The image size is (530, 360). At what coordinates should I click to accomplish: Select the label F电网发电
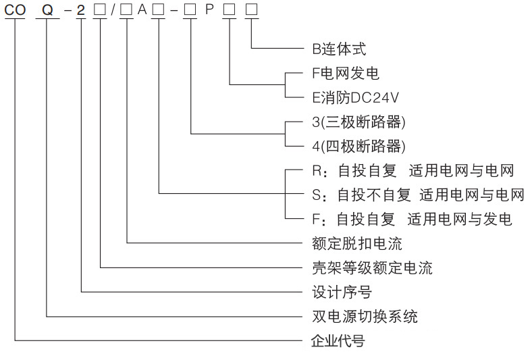(345, 73)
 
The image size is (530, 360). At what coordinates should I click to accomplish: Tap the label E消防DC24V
(356, 97)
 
